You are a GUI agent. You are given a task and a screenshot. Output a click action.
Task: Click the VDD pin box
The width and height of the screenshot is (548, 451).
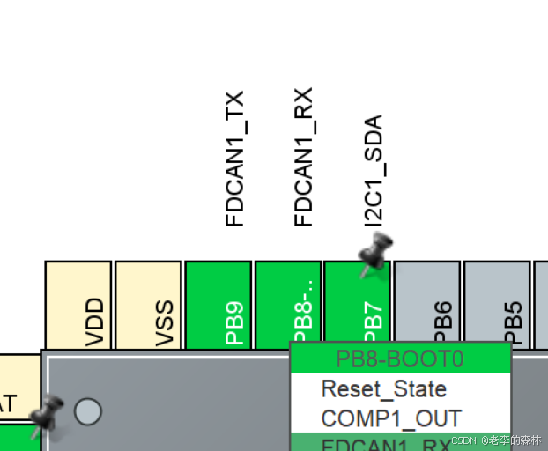pyautogui.click(x=78, y=305)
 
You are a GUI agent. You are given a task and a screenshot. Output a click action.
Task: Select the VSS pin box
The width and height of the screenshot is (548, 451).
pyautogui.click(x=148, y=305)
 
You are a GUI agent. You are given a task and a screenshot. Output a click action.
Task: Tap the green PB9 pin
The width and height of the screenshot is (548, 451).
pyautogui.click(x=218, y=305)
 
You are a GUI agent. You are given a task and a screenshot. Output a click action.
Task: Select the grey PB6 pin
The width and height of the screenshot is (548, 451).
pyautogui.click(x=426, y=305)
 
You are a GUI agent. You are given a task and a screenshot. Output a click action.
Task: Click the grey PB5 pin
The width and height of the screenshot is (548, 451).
pyautogui.click(x=497, y=305)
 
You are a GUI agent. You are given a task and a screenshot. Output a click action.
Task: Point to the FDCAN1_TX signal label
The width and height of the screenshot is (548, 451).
pyautogui.click(x=234, y=159)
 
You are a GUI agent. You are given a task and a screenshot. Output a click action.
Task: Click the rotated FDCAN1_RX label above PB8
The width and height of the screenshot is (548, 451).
pyautogui.click(x=304, y=157)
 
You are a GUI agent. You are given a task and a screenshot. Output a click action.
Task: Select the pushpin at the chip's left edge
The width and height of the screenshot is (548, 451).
pyautogui.click(x=46, y=414)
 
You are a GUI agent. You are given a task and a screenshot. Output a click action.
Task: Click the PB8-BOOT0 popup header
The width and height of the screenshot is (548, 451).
pyautogui.click(x=401, y=359)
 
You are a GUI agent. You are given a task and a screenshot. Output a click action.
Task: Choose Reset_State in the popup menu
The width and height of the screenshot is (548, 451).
pyautogui.click(x=383, y=388)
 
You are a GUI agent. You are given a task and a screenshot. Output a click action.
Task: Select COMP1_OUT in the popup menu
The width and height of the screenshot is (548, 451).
pyautogui.click(x=391, y=418)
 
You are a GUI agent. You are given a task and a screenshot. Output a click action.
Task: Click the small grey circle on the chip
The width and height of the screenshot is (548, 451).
pyautogui.click(x=87, y=411)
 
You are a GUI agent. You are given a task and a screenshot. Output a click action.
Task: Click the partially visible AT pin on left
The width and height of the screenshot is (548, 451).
pyautogui.click(x=18, y=388)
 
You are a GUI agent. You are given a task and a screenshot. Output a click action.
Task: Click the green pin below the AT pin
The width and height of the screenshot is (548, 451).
pyautogui.click(x=18, y=438)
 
